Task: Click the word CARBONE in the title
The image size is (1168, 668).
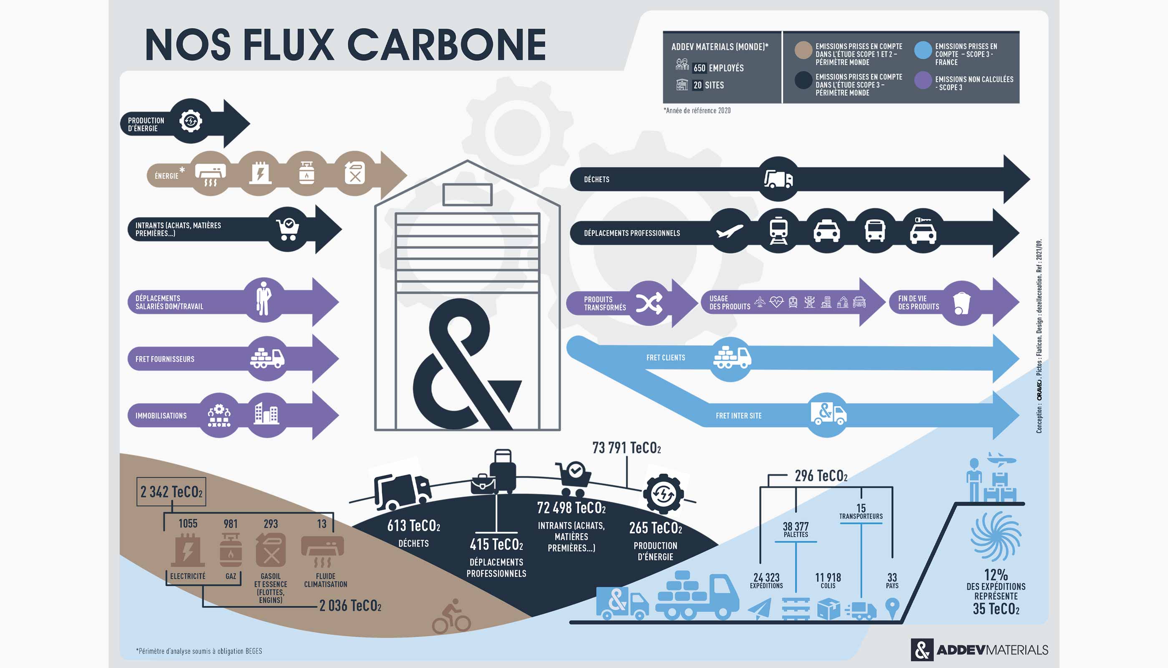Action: (x=447, y=45)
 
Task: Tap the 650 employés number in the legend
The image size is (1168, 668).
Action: (x=699, y=68)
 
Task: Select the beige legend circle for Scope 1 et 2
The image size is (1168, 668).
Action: (x=803, y=50)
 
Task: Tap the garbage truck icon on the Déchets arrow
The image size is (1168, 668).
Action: (x=778, y=179)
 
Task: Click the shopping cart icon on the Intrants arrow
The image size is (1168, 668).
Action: (x=288, y=229)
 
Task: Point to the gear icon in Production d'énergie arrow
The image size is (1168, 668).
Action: (x=191, y=121)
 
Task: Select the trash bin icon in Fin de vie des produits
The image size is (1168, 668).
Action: (x=962, y=303)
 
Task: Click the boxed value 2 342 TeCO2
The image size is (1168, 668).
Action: (x=171, y=492)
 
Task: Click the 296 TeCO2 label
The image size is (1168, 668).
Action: (x=821, y=476)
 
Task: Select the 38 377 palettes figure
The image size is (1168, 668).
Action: (x=795, y=529)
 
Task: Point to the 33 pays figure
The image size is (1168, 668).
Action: (x=891, y=580)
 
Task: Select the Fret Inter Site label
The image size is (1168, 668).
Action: (x=738, y=416)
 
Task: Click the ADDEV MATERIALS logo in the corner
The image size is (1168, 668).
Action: (x=979, y=650)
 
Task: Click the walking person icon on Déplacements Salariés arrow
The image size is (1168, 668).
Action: (x=264, y=299)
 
